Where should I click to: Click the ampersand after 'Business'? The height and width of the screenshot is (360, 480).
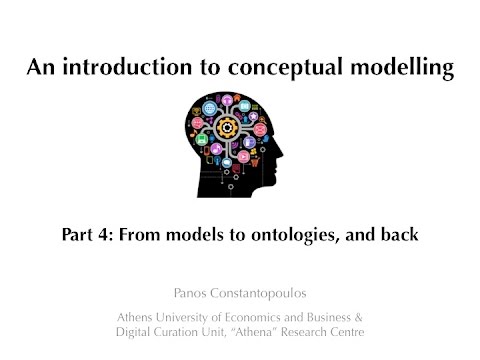point(358,318)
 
